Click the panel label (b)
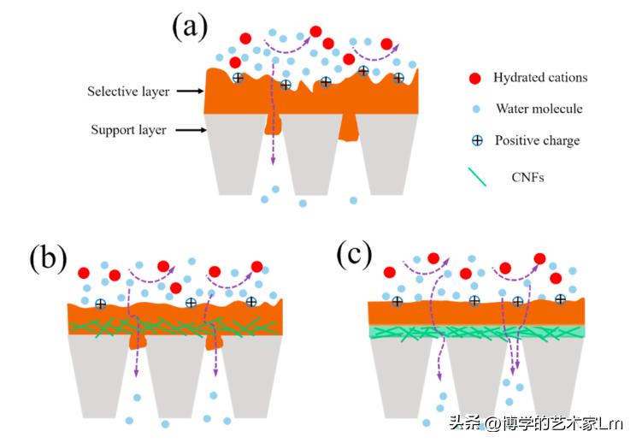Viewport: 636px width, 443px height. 46,257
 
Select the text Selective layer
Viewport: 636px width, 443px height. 128,91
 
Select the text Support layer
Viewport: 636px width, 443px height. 129,130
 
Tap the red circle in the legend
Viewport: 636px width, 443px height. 474,79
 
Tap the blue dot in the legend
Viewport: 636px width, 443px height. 475,109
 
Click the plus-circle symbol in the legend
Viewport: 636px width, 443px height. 475,140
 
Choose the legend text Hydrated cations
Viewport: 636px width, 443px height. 540,78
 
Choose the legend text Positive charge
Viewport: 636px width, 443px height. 537,140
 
